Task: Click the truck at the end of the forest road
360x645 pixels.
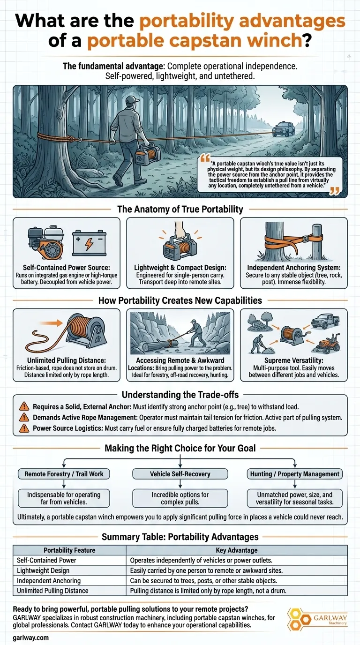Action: point(284,129)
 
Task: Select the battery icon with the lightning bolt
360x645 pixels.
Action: point(89,243)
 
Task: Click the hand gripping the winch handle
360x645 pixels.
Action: point(180,230)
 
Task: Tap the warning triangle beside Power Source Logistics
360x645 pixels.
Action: point(24,428)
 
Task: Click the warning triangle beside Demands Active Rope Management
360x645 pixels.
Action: point(24,417)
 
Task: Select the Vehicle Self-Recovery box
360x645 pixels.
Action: point(180,473)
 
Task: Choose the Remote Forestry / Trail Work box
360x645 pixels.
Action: point(64,473)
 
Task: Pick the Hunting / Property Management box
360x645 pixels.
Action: point(295,473)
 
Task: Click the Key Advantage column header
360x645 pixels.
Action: point(237,550)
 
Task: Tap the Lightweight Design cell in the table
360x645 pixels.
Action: point(69,570)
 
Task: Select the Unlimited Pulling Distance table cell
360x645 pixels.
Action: point(69,591)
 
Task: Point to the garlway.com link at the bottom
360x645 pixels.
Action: point(31,637)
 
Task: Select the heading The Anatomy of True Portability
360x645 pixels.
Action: point(180,209)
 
